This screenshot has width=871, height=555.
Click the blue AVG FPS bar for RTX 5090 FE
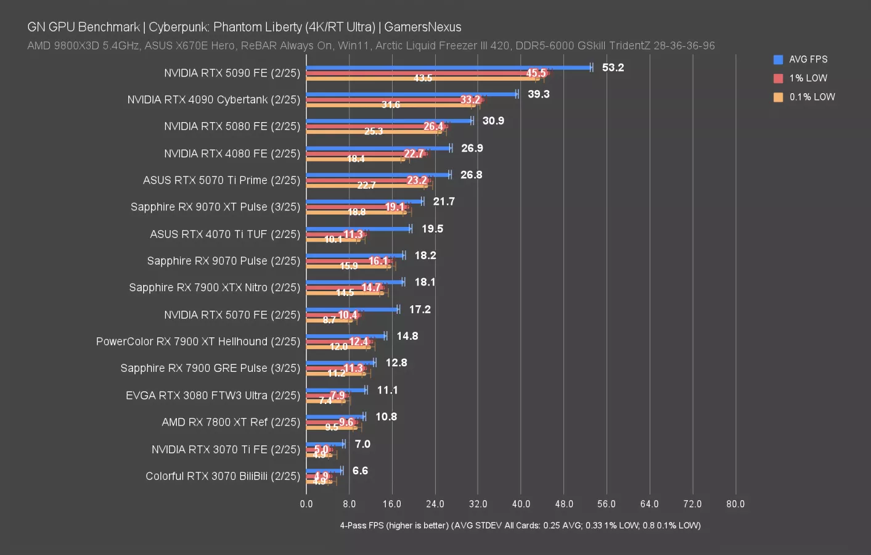pyautogui.click(x=448, y=67)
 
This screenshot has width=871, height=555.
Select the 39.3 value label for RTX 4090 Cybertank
pyautogui.click(x=538, y=94)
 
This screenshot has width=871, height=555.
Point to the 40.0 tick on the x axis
pyautogui.click(x=521, y=504)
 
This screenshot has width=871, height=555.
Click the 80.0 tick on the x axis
pyautogui.click(x=735, y=504)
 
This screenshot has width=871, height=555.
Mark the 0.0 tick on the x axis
pyautogui.click(x=306, y=504)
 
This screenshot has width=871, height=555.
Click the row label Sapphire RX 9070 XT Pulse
pyautogui.click(x=215, y=207)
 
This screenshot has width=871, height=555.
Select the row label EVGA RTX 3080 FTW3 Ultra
pyautogui.click(x=213, y=395)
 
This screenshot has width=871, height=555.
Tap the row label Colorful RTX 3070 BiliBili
pyautogui.click(x=223, y=476)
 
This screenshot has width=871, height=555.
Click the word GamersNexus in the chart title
pyautogui.click(x=422, y=27)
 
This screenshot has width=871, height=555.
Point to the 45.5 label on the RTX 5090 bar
pyautogui.click(x=536, y=73)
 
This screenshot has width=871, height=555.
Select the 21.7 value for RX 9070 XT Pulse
pyautogui.click(x=444, y=202)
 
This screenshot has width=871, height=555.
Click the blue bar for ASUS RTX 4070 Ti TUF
pyautogui.click(x=359, y=228)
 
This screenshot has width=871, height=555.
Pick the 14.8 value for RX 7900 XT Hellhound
pyautogui.click(x=407, y=336)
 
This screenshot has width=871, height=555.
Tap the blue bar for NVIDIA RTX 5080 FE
pyautogui.click(x=390, y=121)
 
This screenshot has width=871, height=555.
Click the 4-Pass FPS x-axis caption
pyautogui.click(x=520, y=525)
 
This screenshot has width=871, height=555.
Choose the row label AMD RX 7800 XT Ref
pyautogui.click(x=231, y=422)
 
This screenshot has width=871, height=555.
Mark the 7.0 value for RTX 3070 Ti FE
pyautogui.click(x=362, y=444)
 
